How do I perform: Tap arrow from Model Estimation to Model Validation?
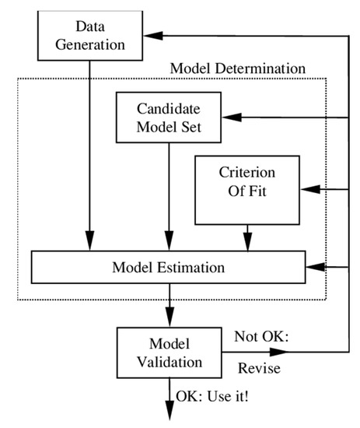coord(169,307)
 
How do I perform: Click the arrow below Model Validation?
coord(169,405)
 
